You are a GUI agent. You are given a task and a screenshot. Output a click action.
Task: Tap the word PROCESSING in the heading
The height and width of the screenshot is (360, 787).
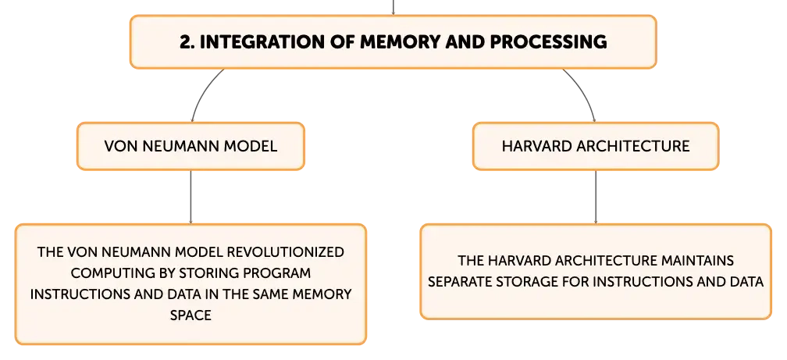pyautogui.click(x=548, y=42)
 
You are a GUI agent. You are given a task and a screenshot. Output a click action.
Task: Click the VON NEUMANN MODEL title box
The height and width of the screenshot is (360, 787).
pyautogui.click(x=191, y=146)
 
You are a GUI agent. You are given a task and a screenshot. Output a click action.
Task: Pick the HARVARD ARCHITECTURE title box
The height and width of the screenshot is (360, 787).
pyautogui.click(x=596, y=146)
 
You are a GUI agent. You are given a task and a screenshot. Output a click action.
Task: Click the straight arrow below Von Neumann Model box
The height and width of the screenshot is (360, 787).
pyautogui.click(x=191, y=197)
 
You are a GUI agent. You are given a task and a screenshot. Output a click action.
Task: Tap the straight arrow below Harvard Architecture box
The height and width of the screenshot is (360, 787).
pyautogui.click(x=596, y=197)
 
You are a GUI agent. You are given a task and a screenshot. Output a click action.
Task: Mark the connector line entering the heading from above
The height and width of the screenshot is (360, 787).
pyautogui.click(x=393, y=7)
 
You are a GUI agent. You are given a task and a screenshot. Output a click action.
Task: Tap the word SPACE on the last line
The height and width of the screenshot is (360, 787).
pyautogui.click(x=191, y=315)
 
